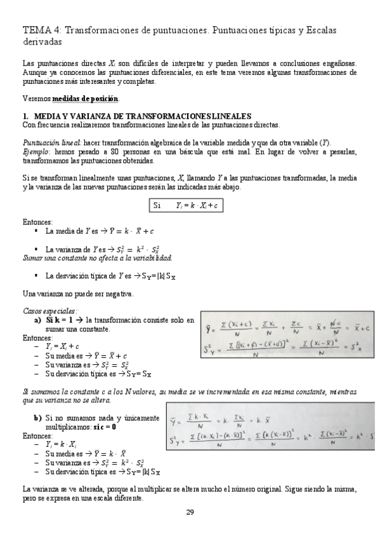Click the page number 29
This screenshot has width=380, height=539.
click(x=190, y=512)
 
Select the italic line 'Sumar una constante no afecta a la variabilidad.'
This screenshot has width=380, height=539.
click(x=97, y=257)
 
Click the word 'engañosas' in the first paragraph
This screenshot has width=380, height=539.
click(x=335, y=64)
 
